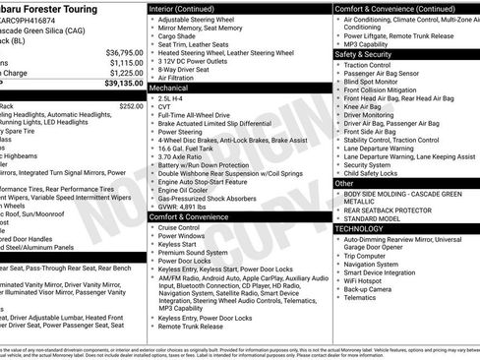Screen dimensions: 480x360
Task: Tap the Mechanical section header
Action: point(169,88)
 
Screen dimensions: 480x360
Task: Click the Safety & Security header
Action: point(364,54)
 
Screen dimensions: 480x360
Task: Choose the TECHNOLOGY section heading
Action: point(361,228)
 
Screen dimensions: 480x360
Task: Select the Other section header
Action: point(344,183)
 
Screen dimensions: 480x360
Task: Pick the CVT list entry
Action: point(165,108)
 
